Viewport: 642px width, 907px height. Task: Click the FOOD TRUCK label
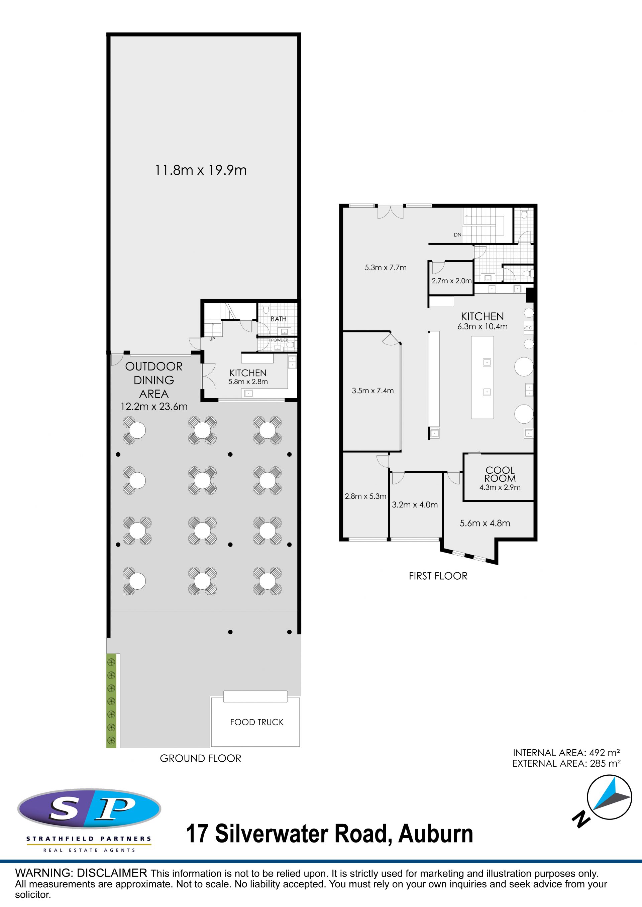tap(257, 722)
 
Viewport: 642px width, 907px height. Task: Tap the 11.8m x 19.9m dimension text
tap(201, 170)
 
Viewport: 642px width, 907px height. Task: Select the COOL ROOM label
tap(500, 474)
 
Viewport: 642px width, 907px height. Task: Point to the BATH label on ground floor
tap(279, 319)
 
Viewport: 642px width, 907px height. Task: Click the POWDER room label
tap(280, 340)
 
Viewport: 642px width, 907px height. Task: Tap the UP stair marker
tap(212, 339)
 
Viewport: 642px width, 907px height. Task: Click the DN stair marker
tap(457, 235)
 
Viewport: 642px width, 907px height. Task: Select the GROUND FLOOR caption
tap(200, 758)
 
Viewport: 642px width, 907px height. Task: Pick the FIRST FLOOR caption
tap(438, 576)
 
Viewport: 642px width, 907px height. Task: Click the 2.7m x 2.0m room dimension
tap(451, 281)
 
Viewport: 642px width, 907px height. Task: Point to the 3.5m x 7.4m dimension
tap(373, 391)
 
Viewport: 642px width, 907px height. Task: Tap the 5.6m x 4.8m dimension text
tap(485, 523)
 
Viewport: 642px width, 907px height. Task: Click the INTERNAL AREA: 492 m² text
tap(566, 753)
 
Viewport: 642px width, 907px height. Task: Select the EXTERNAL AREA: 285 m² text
tap(566, 764)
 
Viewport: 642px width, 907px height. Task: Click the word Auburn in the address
tap(436, 834)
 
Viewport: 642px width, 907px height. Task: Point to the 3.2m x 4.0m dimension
tap(415, 505)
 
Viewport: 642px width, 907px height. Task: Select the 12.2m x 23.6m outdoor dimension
tap(154, 407)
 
